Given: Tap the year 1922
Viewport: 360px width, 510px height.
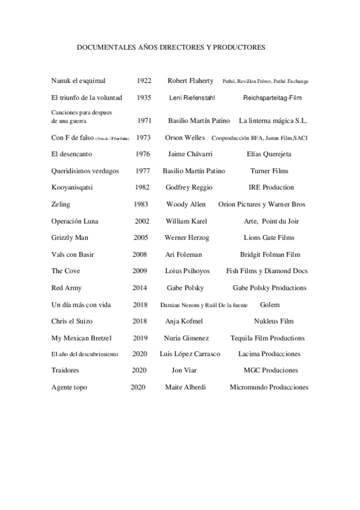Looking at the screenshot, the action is point(144,81).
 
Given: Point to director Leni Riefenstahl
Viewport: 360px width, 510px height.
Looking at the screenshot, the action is point(192,97).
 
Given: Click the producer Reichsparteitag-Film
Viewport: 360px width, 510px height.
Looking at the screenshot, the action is point(272,97).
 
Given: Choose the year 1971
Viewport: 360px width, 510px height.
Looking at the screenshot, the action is point(144,121).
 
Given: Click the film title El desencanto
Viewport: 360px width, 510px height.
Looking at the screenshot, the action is point(75,155).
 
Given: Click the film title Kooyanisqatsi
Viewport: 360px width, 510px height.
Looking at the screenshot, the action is point(74,188).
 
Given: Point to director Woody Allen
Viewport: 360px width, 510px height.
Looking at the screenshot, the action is point(186,204).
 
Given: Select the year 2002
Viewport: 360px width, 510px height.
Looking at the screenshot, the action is point(142,221).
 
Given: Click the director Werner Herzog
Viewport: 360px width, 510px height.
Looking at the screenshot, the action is point(187,238).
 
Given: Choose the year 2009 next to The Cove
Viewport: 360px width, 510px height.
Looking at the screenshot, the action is point(140,271).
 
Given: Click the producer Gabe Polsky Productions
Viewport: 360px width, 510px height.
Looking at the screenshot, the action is point(269,288).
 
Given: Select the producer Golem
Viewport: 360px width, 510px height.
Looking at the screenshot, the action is point(270,305).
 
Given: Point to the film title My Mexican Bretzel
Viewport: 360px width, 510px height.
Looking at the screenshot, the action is point(82,338).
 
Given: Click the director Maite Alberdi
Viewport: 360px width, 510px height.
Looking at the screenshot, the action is point(185,387).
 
